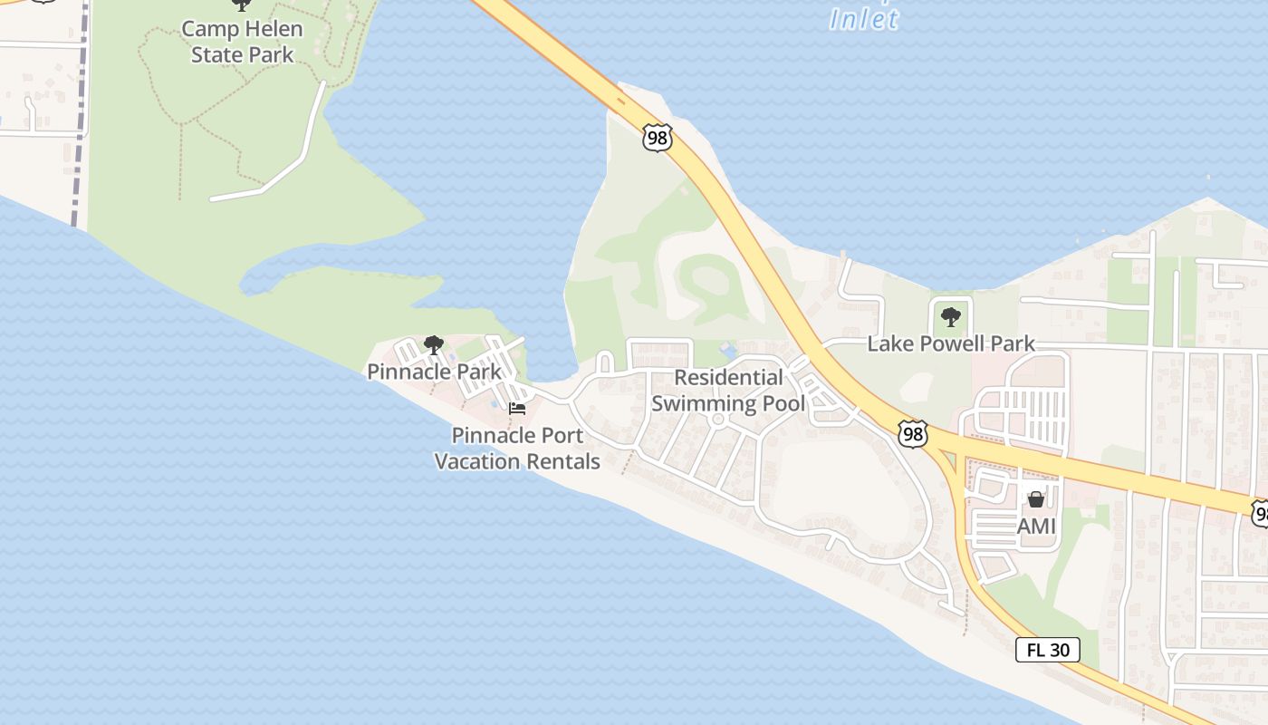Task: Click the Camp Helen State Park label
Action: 242,42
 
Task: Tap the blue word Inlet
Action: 864,19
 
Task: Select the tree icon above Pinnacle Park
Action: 433,344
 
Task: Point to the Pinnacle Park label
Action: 434,372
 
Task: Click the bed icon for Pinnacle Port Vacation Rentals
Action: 517,409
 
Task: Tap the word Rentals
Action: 567,461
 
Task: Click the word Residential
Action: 728,377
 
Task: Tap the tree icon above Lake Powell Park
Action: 950,317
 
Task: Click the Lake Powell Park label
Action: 950,343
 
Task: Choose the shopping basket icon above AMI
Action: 1036,499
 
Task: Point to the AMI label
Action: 1036,526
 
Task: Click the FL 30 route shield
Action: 1047,650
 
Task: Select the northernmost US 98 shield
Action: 658,138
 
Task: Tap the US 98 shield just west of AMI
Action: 913,433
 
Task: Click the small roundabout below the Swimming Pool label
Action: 718,420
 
